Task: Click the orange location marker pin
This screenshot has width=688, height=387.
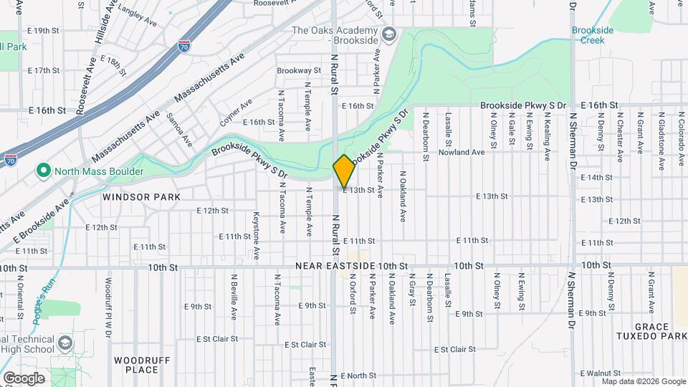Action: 344,170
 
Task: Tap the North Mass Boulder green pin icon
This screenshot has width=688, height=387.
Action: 43,171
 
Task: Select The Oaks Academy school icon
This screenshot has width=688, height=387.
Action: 388,34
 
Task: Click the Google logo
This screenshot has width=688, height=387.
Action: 24,378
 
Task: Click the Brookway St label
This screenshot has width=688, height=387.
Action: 299,70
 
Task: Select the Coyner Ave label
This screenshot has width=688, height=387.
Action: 236,113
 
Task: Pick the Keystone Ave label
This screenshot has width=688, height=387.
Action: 256,235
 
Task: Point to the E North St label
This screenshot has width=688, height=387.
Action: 359,376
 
